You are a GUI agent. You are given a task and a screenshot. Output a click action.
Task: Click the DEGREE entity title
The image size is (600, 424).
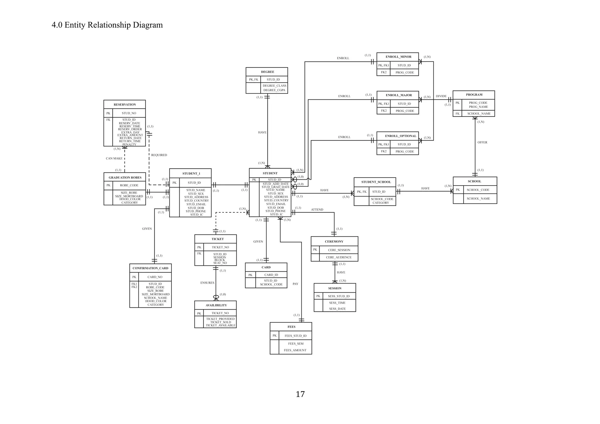click(267, 72)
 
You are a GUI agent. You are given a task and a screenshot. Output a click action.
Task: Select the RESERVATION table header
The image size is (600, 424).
click(125, 105)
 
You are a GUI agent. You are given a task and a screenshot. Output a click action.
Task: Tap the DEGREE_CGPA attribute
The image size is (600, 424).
click(274, 90)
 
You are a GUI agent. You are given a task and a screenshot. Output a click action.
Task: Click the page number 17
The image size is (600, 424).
click(300, 394)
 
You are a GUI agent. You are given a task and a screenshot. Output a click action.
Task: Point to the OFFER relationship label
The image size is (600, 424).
click(482, 142)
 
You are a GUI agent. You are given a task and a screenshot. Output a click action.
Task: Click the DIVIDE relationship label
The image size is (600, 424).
click(441, 96)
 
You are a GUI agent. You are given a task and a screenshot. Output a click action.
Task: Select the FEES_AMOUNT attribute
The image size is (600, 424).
click(295, 350)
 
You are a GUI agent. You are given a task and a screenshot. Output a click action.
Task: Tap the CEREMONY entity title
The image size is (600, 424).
click(334, 241)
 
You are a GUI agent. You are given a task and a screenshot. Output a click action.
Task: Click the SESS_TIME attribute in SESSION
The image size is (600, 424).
click(337, 303)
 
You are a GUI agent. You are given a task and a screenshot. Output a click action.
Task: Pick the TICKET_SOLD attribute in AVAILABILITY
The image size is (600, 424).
click(220, 322)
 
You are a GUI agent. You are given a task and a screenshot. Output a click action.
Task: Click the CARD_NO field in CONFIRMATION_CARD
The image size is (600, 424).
click(155, 277)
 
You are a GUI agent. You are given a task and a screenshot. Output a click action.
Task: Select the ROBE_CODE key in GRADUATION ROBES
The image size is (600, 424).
click(129, 185)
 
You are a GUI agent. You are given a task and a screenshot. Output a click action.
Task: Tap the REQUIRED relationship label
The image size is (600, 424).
click(159, 155)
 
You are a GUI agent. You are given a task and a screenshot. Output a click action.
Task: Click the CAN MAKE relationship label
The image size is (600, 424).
click(114, 159)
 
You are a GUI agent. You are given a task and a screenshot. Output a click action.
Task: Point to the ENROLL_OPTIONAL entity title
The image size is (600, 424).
click(400, 136)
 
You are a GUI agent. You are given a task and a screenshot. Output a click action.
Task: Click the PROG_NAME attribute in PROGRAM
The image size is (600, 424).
click(478, 107)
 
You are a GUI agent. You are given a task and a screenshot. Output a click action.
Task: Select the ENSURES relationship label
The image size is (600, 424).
click(207, 283)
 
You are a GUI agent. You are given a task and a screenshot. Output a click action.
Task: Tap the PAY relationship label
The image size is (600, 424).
click(295, 284)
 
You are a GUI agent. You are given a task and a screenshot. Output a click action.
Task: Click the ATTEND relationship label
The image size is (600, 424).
click(317, 210)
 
